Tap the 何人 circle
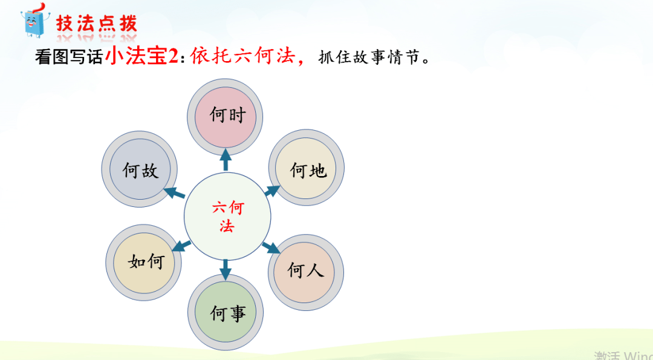point(305,269)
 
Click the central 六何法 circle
point(227,217)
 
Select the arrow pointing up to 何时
point(226,160)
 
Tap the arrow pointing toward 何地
point(271,191)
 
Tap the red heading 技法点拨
point(97,24)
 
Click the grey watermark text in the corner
point(623,355)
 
